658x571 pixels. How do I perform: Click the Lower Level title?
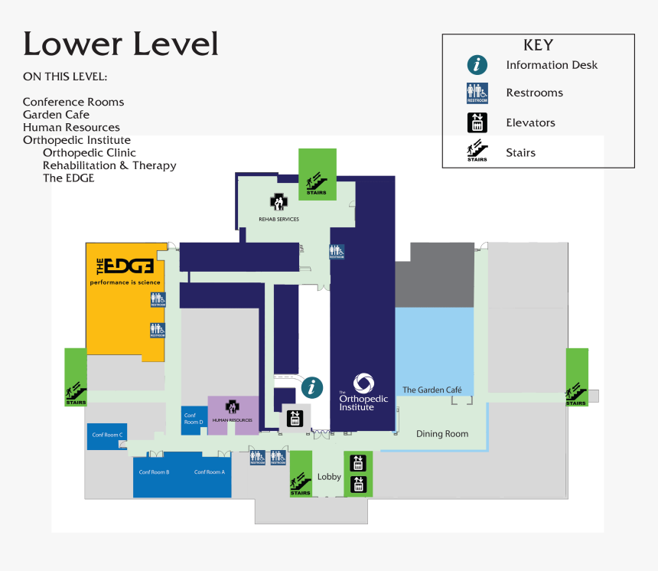point(121,44)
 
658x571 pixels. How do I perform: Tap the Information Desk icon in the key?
point(477,65)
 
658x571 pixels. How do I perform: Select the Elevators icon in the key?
point(477,122)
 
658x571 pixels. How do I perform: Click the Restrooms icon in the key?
point(477,93)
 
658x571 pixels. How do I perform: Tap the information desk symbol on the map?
point(311,387)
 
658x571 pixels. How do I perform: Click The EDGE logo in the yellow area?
point(125,266)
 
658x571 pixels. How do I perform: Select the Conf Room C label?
point(107,435)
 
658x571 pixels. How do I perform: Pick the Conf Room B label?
point(154,472)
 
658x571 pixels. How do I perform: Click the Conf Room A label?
point(209,472)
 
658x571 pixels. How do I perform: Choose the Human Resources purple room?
point(233,414)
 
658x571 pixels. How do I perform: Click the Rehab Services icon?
point(278,202)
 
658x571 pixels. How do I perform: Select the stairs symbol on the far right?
point(577,393)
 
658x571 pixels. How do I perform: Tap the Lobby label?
point(329,477)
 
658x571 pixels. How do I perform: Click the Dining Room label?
point(441,434)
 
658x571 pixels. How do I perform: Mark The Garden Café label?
point(432,390)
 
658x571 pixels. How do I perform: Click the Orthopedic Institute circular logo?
point(363,383)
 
